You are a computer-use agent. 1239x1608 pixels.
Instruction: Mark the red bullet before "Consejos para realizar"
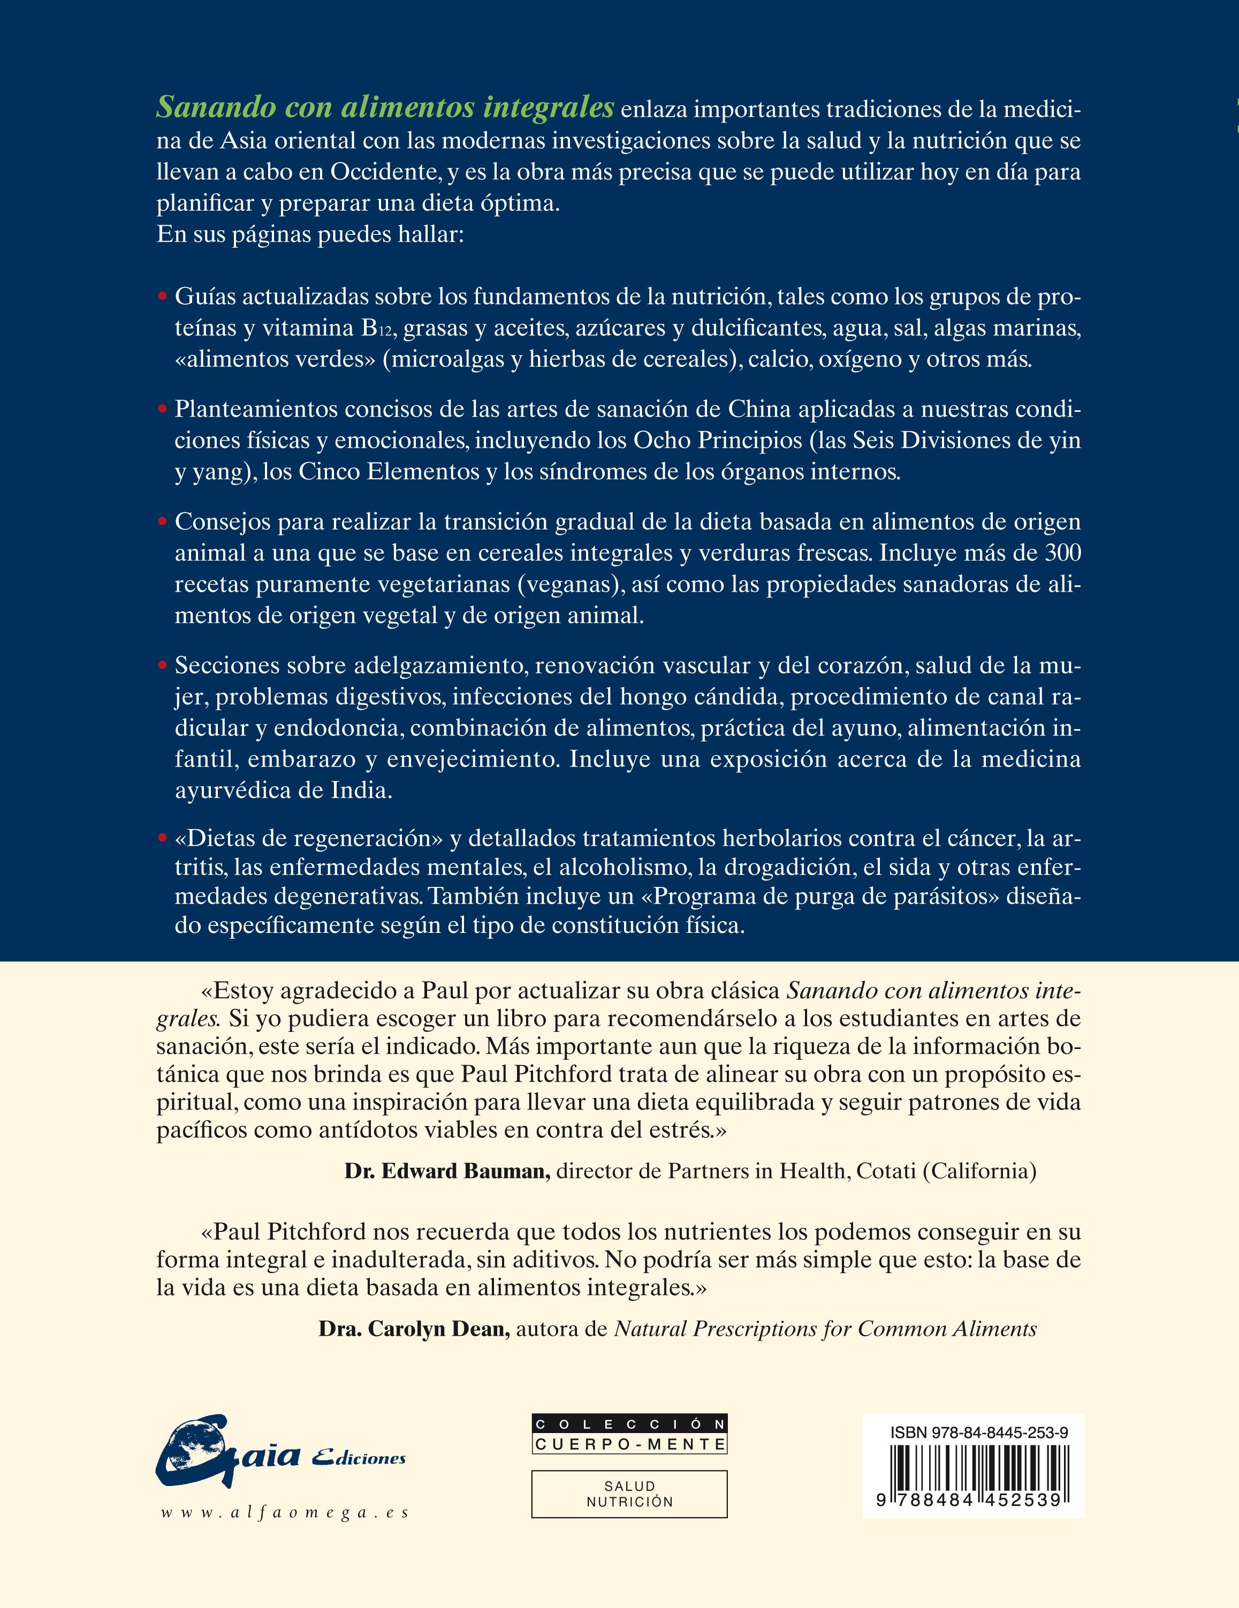(x=163, y=522)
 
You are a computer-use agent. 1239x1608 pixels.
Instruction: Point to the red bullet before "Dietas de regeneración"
(x=163, y=839)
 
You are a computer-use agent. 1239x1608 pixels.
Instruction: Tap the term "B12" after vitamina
(x=379, y=328)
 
